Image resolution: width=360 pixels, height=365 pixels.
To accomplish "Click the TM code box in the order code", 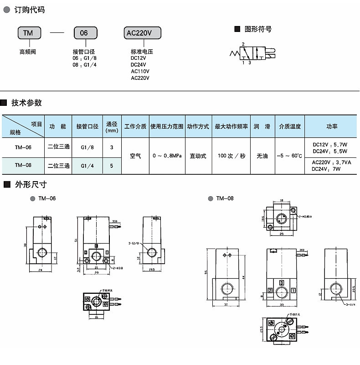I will (x=29, y=33).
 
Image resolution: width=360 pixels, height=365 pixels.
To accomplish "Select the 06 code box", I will (x=84, y=33).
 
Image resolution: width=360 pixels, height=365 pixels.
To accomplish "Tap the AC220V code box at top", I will (x=142, y=33).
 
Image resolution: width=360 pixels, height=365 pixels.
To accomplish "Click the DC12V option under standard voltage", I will (x=139, y=58).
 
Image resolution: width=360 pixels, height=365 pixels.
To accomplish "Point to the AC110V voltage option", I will (x=140, y=71).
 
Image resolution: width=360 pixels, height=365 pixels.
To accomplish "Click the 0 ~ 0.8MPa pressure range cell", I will (x=167, y=156).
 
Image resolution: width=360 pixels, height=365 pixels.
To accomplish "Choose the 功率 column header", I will (x=332, y=126).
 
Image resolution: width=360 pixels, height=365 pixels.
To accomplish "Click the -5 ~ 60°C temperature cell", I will (x=289, y=156).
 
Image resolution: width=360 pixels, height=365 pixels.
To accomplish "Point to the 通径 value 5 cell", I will (x=112, y=166).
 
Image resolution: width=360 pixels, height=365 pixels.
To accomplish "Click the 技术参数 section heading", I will (x=26, y=103).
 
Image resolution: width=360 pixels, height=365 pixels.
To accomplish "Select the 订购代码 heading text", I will (x=30, y=10).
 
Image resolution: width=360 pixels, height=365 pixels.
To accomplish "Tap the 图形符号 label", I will (x=258, y=29).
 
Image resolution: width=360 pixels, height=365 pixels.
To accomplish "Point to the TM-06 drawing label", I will (x=47, y=198).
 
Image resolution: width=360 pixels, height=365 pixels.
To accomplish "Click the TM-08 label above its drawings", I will (x=225, y=198).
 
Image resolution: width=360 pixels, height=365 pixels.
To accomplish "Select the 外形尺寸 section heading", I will (x=31, y=185).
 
